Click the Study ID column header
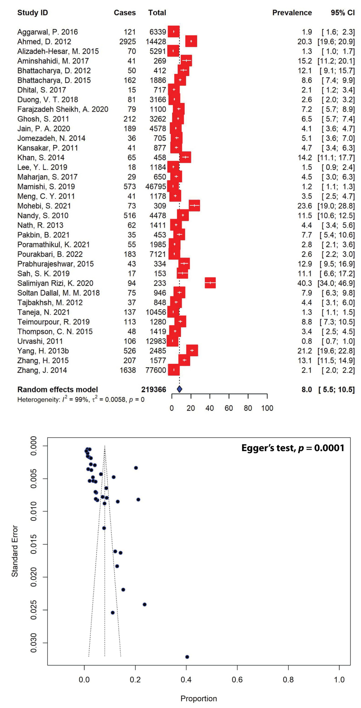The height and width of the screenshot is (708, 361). pos(32,13)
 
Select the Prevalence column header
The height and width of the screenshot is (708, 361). pos(292,13)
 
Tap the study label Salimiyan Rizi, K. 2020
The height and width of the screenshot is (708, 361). pos(55,283)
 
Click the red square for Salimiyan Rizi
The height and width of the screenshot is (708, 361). pos(210,283)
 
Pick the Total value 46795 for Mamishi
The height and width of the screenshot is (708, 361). pos(156,187)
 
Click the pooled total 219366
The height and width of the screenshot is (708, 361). pos(153,389)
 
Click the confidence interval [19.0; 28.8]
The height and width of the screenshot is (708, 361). pos(336,206)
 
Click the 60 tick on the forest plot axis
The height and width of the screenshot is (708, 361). pos(229,408)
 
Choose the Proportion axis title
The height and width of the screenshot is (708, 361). pos(199,698)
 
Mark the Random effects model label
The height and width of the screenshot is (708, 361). pos(57,389)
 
